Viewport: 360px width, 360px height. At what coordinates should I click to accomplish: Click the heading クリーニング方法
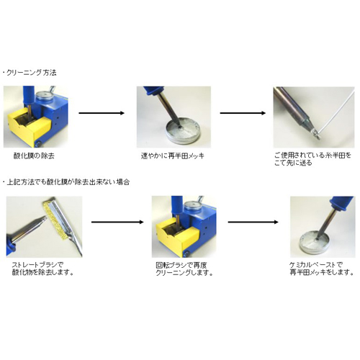point(32,73)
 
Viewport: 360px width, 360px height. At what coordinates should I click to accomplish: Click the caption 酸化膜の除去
point(34,156)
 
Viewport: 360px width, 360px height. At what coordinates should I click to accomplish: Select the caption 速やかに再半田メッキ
point(173,156)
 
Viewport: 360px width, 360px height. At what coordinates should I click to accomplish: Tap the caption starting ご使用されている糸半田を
point(312,159)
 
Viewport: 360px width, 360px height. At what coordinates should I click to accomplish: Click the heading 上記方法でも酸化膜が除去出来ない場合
point(68,182)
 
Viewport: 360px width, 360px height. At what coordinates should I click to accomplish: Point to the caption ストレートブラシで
point(37,265)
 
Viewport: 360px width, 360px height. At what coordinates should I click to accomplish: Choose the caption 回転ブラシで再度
point(181,265)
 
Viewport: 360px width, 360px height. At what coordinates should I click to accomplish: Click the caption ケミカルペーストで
point(316,265)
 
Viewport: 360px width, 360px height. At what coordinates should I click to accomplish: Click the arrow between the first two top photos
point(102,113)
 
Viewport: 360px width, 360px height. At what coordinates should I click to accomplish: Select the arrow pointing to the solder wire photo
point(243,113)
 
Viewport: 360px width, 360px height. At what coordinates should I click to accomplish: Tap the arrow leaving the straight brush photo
point(117,222)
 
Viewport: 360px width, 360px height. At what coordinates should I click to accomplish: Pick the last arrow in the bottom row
point(253,222)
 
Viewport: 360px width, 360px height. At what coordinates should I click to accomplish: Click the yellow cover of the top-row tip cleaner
point(29,129)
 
